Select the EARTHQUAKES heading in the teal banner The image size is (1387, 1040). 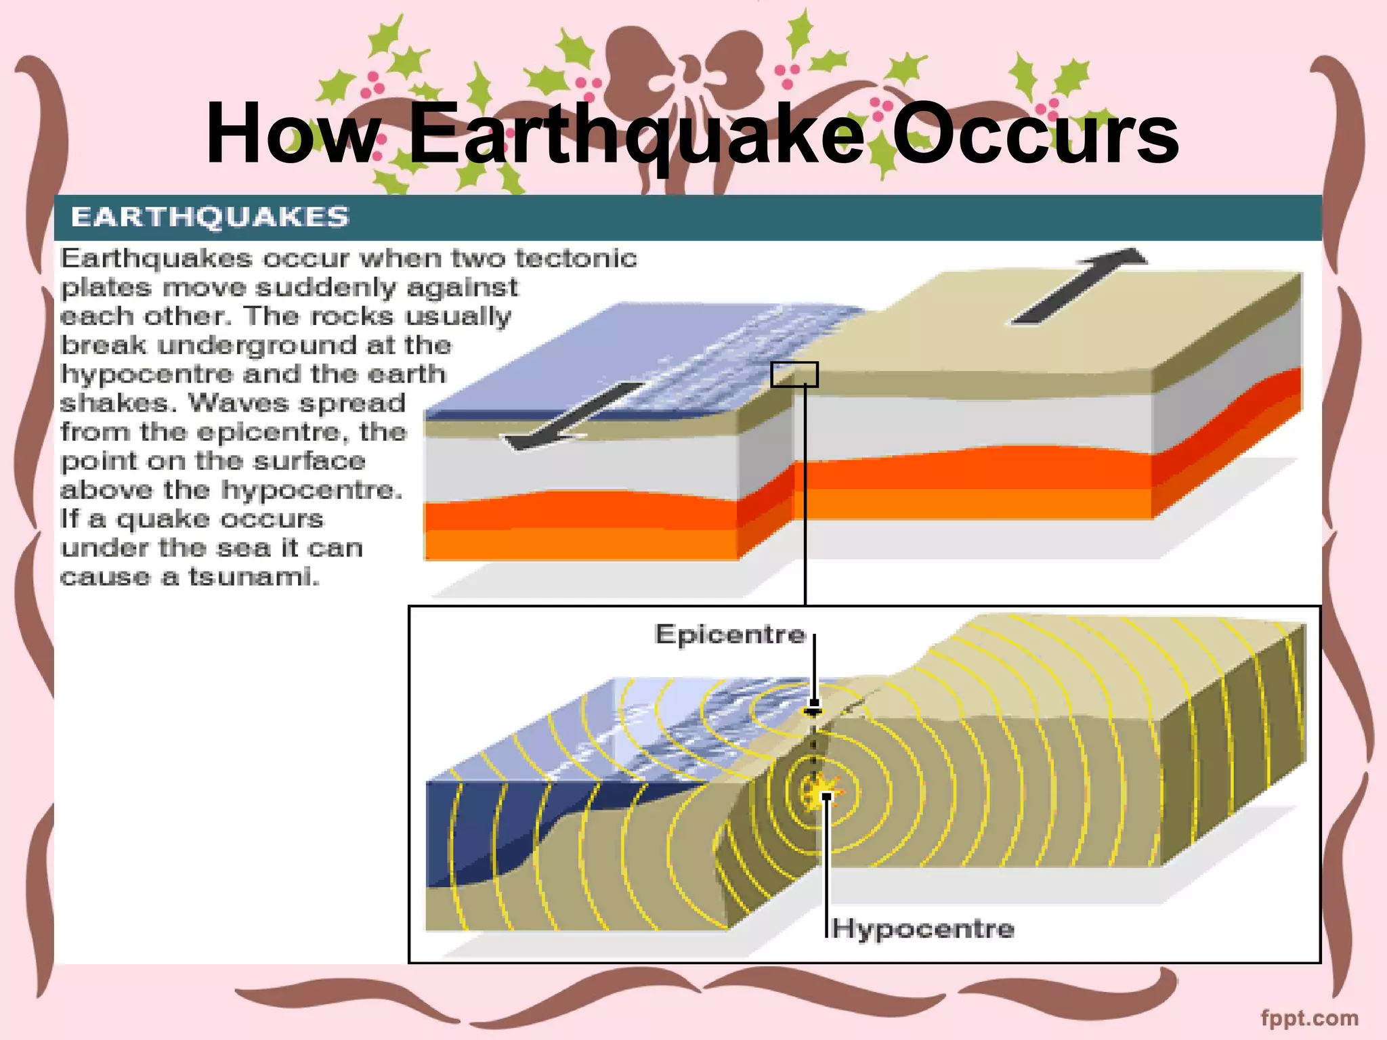pyautogui.click(x=210, y=217)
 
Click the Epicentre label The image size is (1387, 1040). pyautogui.click(x=730, y=634)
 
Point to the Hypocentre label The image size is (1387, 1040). pyautogui.click(x=923, y=928)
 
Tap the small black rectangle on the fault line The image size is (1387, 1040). pyautogui.click(x=794, y=374)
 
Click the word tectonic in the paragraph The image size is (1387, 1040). pyautogui.click(x=576, y=259)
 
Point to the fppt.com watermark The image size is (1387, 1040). pyautogui.click(x=1309, y=1018)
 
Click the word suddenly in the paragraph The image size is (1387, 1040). pyautogui.click(x=325, y=288)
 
